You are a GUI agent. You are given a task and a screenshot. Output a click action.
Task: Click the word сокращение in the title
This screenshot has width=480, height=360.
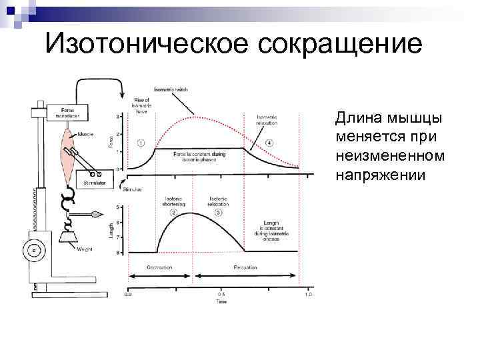pos(339,45)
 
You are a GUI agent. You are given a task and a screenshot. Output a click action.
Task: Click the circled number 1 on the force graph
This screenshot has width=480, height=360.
pos(141,143)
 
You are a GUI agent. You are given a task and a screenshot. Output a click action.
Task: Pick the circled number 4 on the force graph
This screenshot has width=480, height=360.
pos(269,143)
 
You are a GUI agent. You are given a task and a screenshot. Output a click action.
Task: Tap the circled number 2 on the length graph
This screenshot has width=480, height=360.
pos(173,212)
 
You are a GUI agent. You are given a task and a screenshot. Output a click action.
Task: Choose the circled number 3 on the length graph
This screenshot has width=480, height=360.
pos(218,212)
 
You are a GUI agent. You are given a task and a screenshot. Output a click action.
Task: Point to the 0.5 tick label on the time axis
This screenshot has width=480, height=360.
pos(220,293)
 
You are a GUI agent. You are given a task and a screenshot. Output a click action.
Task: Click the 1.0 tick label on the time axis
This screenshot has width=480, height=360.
pos(308,293)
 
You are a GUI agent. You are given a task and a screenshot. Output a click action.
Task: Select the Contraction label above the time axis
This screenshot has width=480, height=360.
pos(160,267)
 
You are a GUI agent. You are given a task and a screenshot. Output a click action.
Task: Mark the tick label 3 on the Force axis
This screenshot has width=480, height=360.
pos(118,117)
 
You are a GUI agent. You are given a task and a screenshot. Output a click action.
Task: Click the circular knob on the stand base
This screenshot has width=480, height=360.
pos(31,252)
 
